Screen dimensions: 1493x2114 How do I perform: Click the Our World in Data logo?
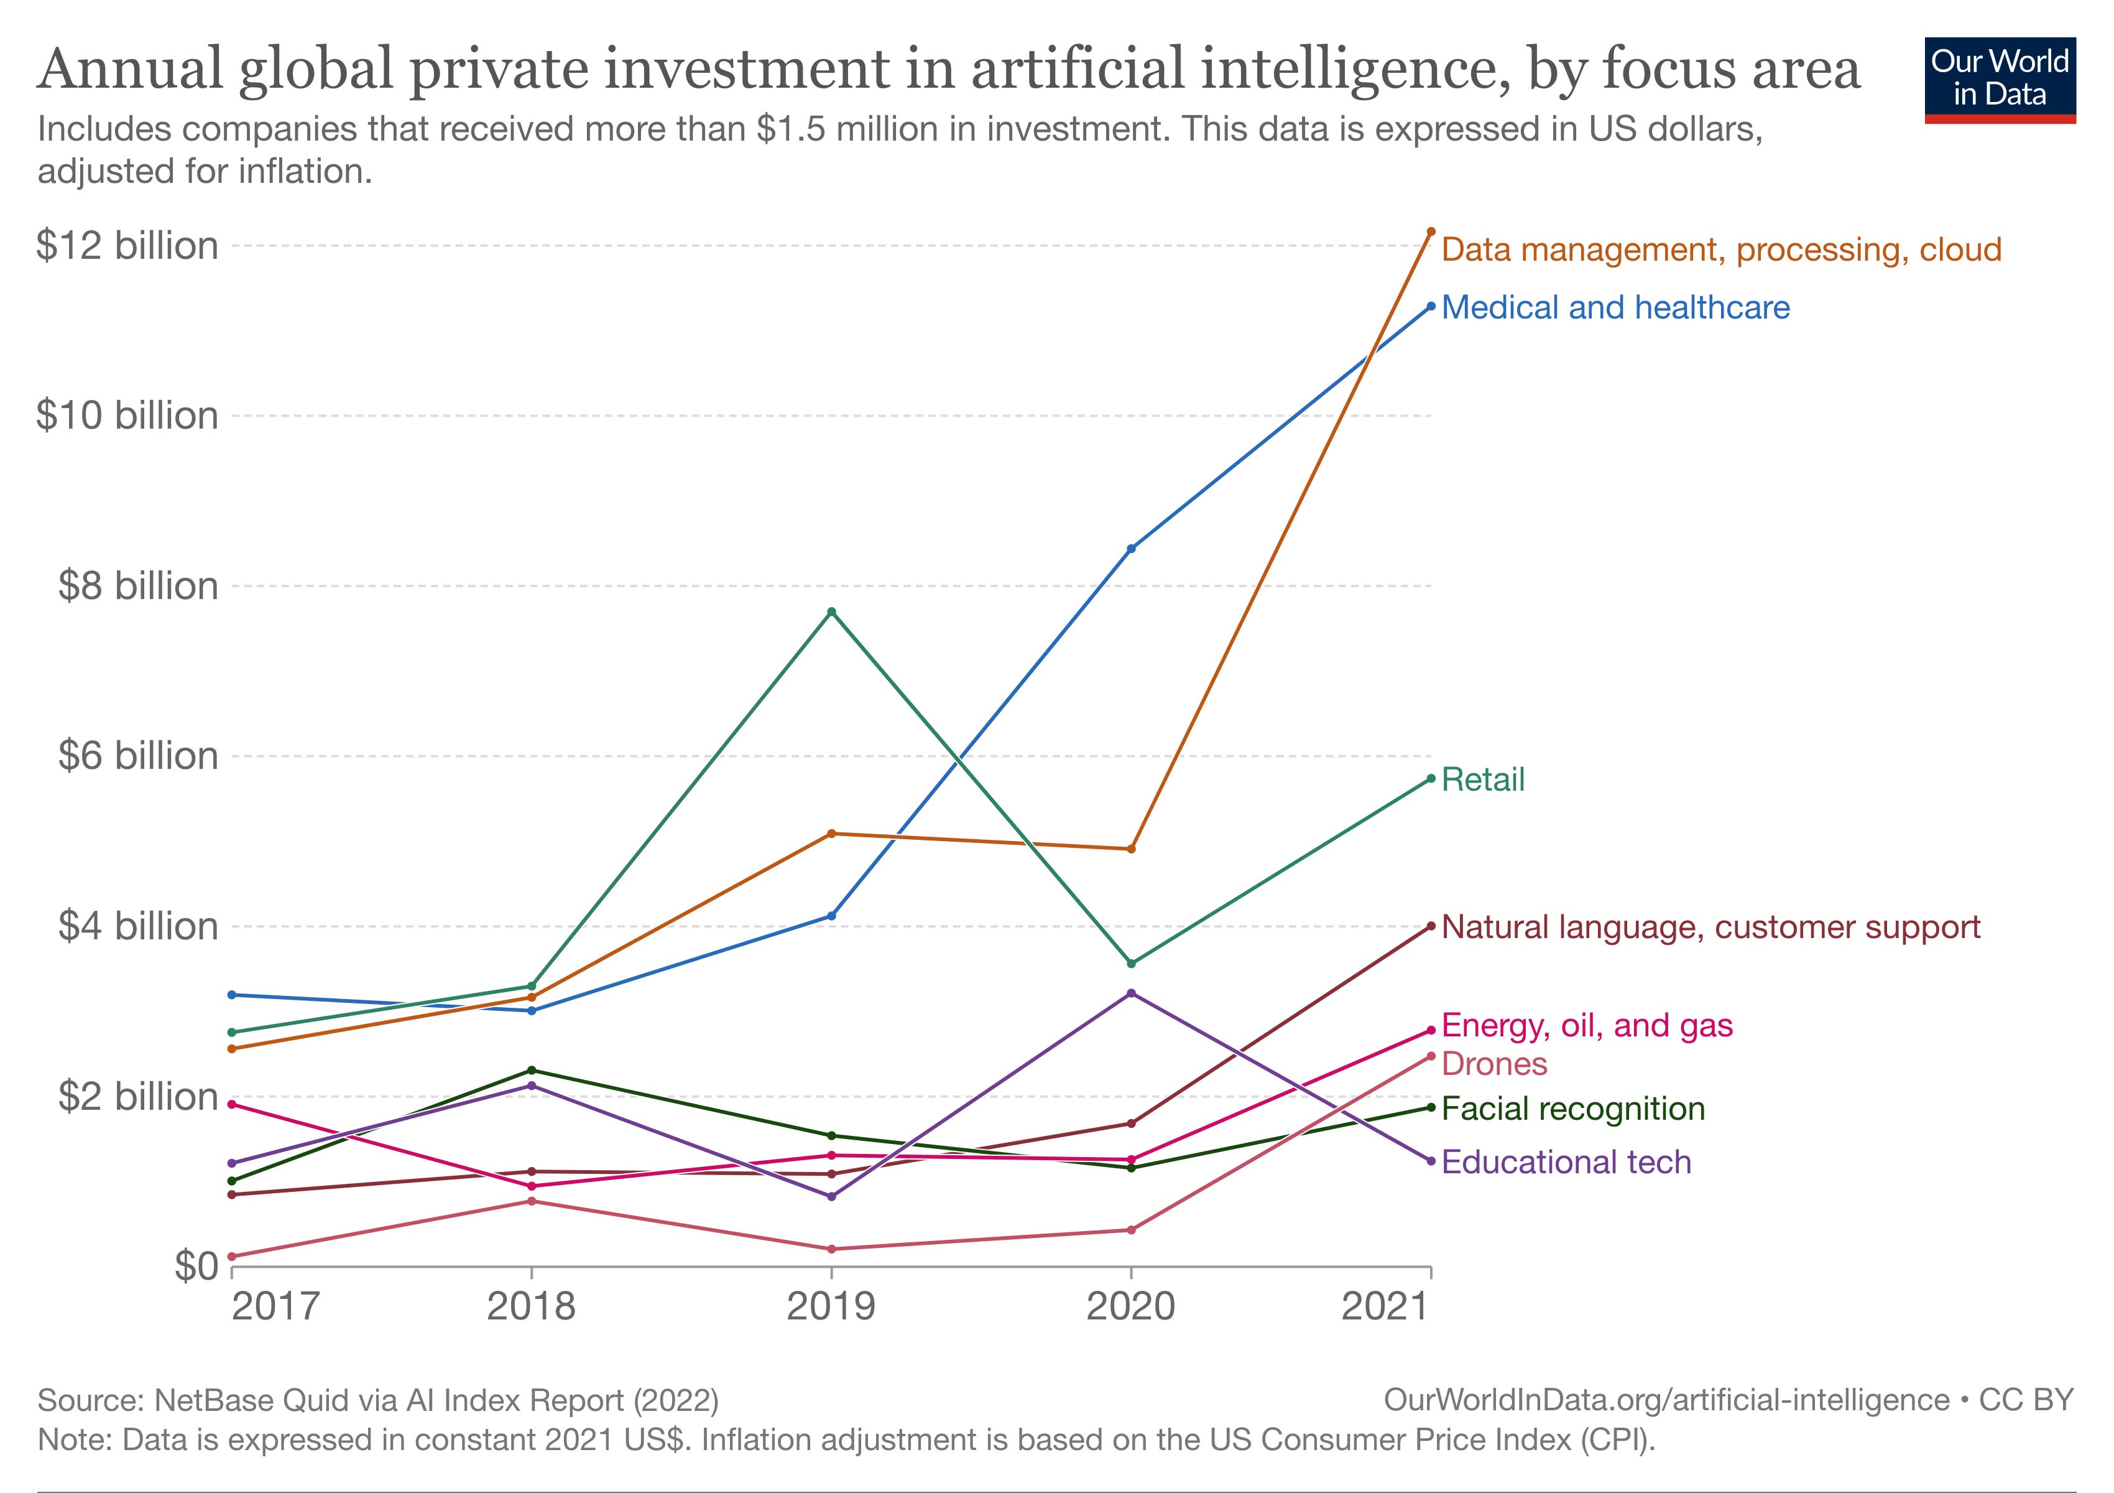(2000, 79)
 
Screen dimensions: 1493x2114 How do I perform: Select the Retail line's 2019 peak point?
(831, 612)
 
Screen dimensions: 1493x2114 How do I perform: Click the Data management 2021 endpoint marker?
(1431, 231)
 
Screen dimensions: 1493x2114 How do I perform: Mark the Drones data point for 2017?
(231, 1256)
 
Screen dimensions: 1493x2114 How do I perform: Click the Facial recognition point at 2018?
(531, 1070)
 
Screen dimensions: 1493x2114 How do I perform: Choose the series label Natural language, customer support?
(1710, 926)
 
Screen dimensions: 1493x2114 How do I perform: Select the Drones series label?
(1494, 1064)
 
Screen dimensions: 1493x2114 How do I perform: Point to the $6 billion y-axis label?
(138, 755)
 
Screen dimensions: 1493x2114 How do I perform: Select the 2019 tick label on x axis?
(831, 1306)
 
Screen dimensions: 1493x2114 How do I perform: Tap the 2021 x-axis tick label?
(1385, 1306)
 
